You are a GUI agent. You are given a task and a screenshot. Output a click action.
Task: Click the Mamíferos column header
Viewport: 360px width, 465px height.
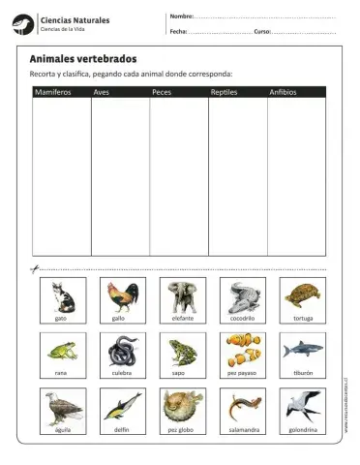click(x=52, y=92)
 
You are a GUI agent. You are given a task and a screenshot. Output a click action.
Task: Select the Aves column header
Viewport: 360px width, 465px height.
click(x=101, y=92)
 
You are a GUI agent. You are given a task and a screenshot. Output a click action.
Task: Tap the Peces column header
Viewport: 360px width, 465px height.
click(x=162, y=92)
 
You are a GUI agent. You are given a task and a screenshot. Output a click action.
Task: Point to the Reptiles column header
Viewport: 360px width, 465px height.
click(x=224, y=92)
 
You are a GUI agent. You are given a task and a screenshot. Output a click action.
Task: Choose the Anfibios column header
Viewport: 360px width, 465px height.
click(x=283, y=92)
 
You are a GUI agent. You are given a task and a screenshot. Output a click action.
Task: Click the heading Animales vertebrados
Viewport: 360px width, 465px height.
click(x=83, y=59)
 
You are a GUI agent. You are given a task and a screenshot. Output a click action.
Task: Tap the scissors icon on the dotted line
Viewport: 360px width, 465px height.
click(x=34, y=268)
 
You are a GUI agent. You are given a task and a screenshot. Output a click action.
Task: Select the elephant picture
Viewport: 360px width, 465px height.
click(x=181, y=295)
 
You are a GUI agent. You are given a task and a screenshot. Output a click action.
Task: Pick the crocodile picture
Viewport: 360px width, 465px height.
click(x=241, y=295)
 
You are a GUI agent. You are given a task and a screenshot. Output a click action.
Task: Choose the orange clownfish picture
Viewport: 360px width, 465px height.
click(x=241, y=350)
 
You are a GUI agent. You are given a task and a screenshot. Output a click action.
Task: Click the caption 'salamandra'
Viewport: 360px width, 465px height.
click(x=241, y=428)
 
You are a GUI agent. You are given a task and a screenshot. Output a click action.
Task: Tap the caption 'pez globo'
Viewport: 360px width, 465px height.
click(x=181, y=428)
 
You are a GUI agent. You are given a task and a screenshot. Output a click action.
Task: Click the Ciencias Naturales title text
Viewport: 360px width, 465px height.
click(x=75, y=19)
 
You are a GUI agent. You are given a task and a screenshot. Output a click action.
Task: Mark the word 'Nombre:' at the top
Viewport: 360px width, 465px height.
click(x=181, y=16)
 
